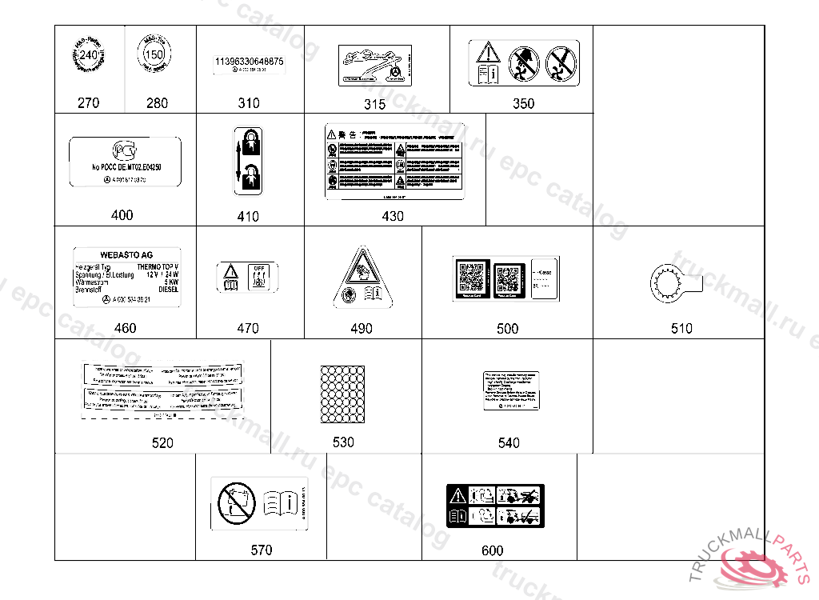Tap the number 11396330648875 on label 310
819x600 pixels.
[249, 62]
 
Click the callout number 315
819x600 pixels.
[374, 104]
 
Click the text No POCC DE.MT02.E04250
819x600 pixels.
[126, 167]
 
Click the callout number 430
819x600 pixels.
[393, 216]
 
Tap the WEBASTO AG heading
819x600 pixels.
[126, 255]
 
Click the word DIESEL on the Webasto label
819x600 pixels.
[168, 290]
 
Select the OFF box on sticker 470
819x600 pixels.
[258, 269]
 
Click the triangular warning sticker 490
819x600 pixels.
[362, 280]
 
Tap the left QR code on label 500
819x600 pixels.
[470, 277]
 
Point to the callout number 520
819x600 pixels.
[162, 442]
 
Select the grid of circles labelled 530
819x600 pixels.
[343, 394]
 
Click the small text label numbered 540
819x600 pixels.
[509, 391]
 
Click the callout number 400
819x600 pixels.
[122, 215]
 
